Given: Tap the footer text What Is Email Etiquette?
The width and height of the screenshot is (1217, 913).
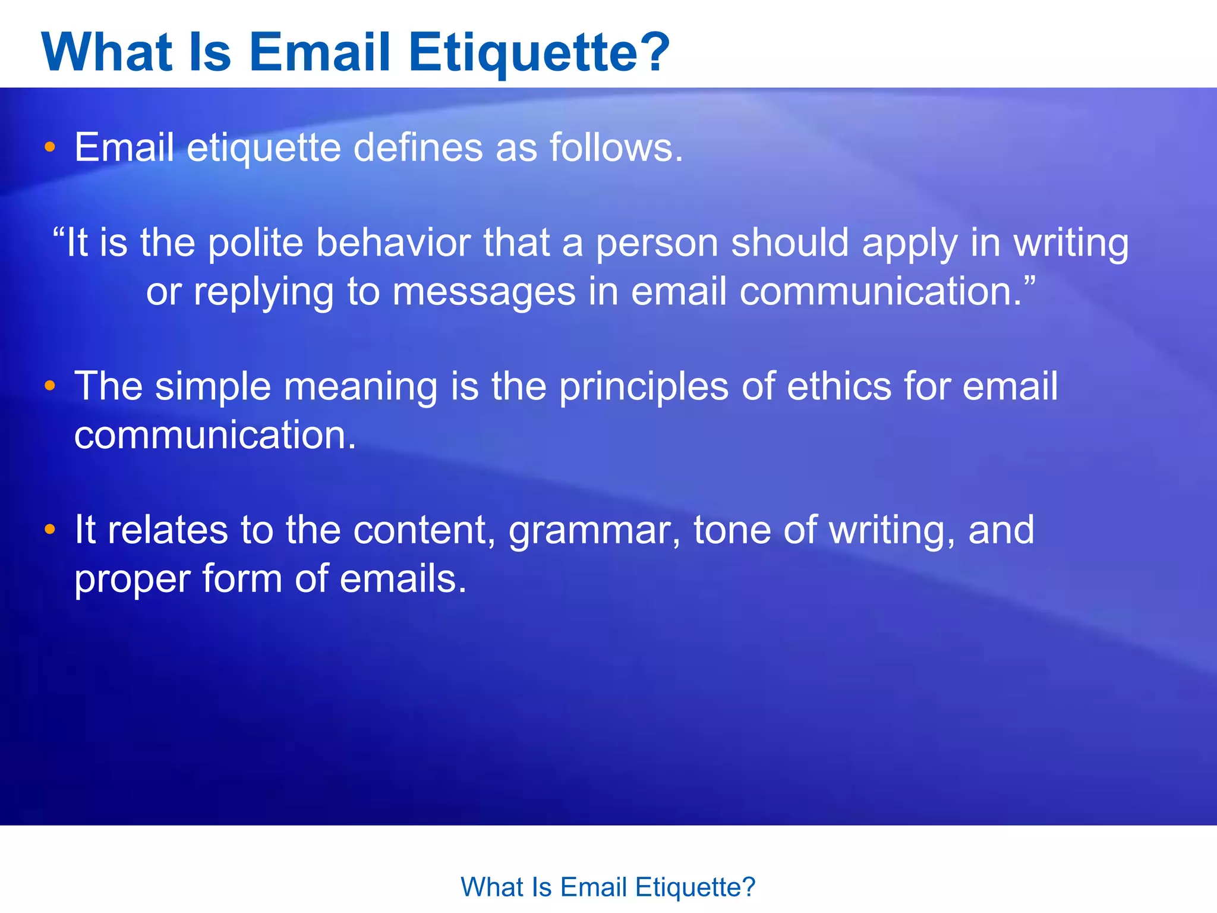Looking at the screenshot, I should (x=608, y=887).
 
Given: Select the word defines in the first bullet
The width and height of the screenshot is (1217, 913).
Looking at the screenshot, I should (x=418, y=147).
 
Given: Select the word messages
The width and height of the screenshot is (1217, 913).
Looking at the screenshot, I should (x=484, y=293).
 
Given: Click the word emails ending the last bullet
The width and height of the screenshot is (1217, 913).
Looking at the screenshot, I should (x=402, y=579).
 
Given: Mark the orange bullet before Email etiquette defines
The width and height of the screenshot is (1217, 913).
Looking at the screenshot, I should (x=50, y=147).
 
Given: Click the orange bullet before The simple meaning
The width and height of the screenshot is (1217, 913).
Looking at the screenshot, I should (x=50, y=386).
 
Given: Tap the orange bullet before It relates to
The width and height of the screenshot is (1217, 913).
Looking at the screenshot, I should (x=50, y=529).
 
